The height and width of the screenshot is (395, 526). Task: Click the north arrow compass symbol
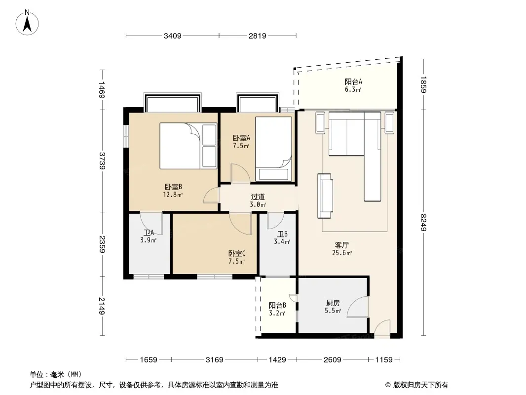coord(27,23)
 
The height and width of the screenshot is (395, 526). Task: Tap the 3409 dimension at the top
coord(172,36)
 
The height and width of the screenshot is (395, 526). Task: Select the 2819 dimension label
coord(257,36)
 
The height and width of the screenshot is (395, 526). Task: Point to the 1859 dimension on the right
coord(423,84)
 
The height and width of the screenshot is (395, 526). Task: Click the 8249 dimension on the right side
coord(423,222)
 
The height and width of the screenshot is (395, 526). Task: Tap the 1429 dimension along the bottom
coord(277,360)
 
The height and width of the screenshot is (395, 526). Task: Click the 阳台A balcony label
coord(353,81)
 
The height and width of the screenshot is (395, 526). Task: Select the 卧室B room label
coord(173,187)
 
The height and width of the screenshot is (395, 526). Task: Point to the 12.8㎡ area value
coord(173,195)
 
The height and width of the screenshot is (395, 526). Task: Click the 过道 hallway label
coord(258,197)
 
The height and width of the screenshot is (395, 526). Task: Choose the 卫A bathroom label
coord(149,232)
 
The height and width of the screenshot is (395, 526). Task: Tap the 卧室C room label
coord(237,253)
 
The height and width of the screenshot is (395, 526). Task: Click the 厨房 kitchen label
coord(333,303)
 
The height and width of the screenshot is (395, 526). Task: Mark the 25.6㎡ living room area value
coord(342,253)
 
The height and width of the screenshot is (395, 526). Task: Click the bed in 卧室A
coord(273,149)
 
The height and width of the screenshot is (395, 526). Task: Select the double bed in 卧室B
coord(188,146)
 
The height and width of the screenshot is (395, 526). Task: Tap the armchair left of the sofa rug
coord(325,196)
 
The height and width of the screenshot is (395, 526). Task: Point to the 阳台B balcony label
coord(277,306)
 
